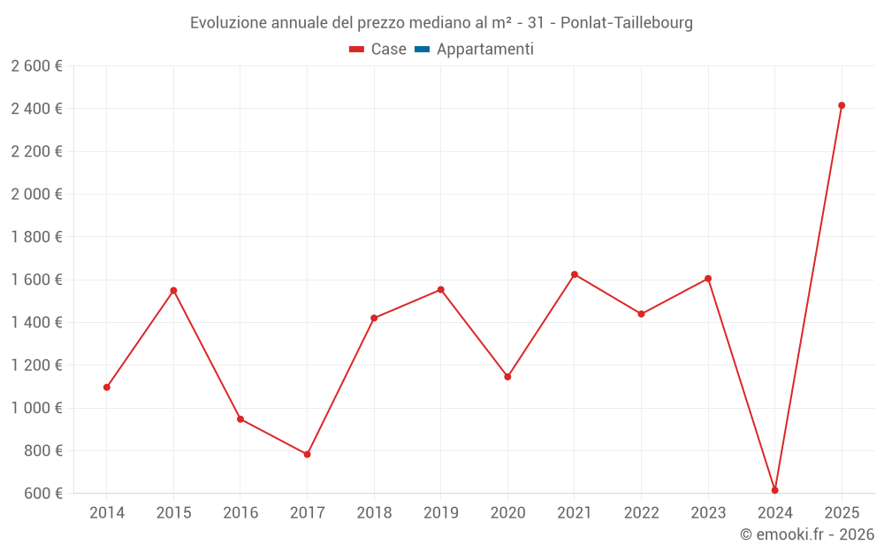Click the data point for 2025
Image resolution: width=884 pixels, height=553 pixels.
point(842,105)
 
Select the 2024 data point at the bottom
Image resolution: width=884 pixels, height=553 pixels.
point(774,490)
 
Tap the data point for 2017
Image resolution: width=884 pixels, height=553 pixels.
point(307,454)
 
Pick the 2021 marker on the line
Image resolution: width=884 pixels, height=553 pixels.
point(575,274)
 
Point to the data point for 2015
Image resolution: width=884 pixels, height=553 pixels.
point(173,290)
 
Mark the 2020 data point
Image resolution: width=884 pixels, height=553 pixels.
point(507,377)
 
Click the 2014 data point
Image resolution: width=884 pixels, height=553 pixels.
point(107,387)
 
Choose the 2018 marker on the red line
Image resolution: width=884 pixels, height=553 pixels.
point(374,318)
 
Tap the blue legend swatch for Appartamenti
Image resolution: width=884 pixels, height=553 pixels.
point(422,50)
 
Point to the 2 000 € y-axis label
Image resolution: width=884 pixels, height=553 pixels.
point(37,194)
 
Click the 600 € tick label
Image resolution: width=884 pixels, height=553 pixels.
point(42,493)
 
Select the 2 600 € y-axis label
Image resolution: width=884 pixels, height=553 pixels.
point(37,65)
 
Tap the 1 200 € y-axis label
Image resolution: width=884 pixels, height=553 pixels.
point(37,365)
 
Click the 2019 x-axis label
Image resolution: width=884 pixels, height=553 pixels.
point(440,512)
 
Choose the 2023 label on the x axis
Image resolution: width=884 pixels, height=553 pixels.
point(708,512)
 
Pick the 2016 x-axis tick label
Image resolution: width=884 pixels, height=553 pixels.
point(240,512)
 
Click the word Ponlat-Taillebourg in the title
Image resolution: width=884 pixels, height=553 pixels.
point(627,23)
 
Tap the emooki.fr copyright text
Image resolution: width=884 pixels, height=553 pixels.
point(807,534)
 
